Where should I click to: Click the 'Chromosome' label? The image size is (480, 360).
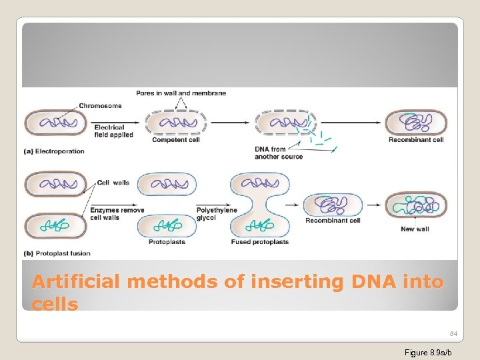click(100, 105)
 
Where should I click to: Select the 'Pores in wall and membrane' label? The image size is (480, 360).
click(181, 93)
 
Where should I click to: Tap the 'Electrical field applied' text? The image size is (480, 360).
click(113, 131)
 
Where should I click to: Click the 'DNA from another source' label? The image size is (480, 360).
click(279, 153)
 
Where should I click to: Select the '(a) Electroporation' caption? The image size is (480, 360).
click(54, 151)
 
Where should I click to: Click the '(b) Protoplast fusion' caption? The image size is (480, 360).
click(57, 253)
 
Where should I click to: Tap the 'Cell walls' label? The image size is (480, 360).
click(113, 183)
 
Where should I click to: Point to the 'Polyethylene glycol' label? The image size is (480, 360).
click(215, 214)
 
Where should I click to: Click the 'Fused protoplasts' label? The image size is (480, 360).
click(260, 242)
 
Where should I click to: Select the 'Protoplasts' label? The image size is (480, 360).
click(167, 242)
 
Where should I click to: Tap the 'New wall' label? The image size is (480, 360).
click(416, 229)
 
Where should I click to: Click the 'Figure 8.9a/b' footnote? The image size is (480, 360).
click(428, 352)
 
